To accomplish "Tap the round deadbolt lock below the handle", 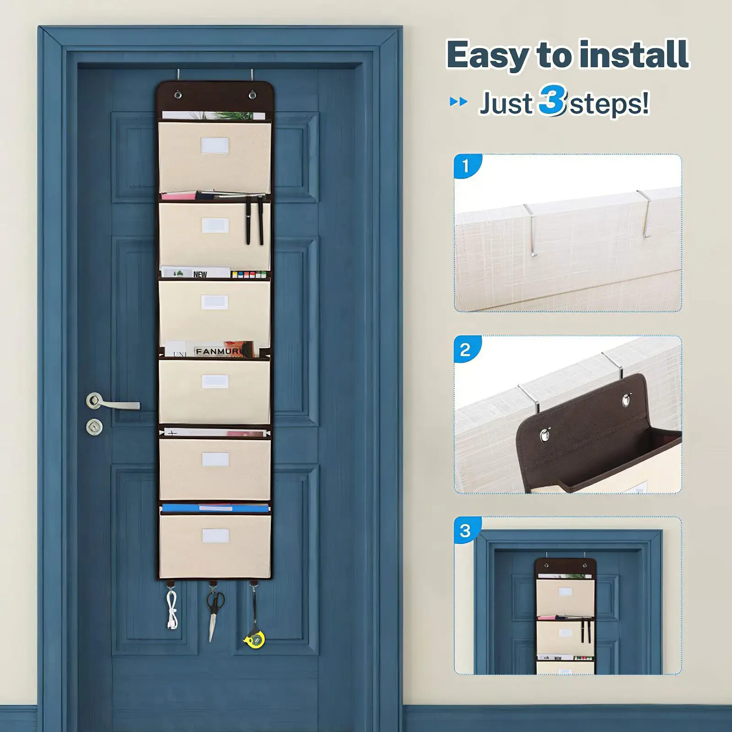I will point(94,427).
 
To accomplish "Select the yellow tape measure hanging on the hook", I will point(255,639).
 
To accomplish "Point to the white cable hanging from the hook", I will point(172,609).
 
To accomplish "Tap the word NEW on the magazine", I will point(200,274).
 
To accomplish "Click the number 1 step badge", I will point(466,166).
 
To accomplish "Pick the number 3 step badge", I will point(466,531).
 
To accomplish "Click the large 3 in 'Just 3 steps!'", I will point(552,100).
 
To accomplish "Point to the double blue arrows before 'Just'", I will point(458,102).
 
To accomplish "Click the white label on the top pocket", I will point(215,146).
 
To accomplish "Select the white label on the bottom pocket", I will point(215,536).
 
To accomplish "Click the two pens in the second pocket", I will point(254,220).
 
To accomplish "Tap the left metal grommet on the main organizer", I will point(178,95).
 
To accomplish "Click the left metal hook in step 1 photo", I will point(531,229).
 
